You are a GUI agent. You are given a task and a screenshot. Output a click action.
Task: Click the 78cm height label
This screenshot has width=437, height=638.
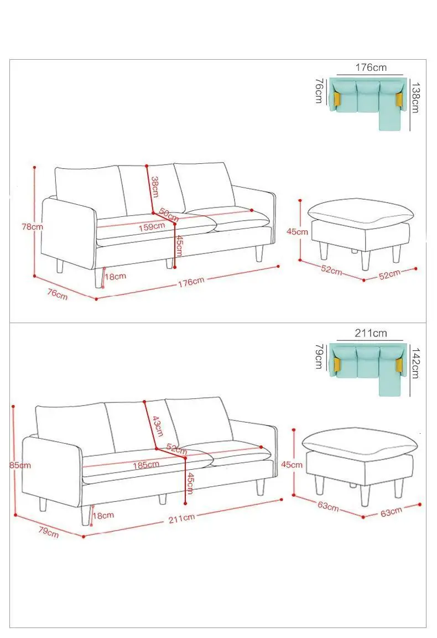[x=32, y=227]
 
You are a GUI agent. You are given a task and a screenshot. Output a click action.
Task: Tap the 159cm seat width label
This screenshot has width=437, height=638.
[x=152, y=227]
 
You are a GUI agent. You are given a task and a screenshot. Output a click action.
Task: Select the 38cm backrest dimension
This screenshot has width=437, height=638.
[x=155, y=186]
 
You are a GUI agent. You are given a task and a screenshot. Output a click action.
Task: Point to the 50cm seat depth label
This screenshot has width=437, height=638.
[x=169, y=215]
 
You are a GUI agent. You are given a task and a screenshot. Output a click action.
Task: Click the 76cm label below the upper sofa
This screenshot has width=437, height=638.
[x=58, y=294]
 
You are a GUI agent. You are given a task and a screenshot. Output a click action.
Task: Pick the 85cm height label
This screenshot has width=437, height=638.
[x=20, y=465]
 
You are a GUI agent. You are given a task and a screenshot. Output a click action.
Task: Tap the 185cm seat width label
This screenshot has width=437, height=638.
[x=146, y=464]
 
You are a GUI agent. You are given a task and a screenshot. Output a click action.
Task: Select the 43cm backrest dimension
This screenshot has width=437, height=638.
[x=158, y=426]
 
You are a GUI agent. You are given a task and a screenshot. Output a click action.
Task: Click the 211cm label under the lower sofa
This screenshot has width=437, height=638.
[x=181, y=518]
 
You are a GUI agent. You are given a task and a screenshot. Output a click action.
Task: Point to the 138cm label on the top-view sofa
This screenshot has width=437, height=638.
[x=415, y=97]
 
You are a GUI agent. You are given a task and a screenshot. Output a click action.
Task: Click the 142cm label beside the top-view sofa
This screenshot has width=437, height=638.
[x=415, y=363]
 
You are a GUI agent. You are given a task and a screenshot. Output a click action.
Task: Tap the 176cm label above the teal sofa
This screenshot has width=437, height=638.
[x=371, y=68]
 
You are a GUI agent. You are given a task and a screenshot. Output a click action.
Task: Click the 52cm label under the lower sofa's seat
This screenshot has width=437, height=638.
[x=176, y=449]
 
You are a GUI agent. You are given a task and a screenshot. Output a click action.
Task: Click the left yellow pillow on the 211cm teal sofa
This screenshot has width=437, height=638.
[x=337, y=365]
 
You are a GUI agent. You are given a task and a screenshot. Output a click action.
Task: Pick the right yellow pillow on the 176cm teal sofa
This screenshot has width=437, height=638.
[x=398, y=99]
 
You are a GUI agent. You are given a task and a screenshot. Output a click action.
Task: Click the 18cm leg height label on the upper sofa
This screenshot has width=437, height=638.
[x=116, y=276]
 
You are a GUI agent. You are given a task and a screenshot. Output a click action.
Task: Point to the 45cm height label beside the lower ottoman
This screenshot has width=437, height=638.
[x=292, y=464]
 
